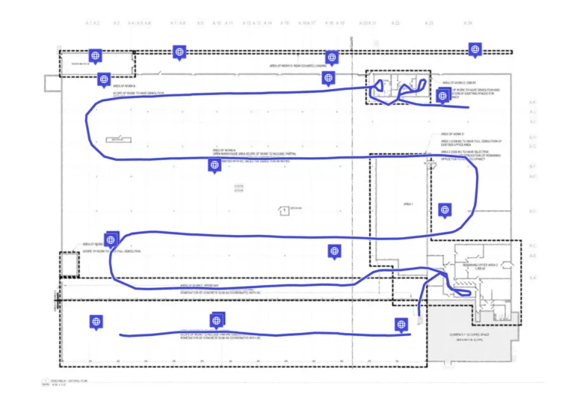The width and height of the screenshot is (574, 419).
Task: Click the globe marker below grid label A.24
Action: [x=474, y=49]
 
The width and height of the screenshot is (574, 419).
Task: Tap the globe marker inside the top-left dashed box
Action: [x=94, y=55]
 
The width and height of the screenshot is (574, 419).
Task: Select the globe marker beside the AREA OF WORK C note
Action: [x=443, y=95]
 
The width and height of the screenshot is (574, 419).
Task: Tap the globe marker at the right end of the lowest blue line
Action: [x=400, y=324]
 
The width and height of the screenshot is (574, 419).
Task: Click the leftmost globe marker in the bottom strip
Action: [x=95, y=321]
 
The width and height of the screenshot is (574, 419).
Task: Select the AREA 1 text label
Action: [x=408, y=204]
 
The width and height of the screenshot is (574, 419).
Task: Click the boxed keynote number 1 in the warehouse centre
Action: [x=284, y=211]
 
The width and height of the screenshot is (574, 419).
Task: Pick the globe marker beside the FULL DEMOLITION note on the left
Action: [x=111, y=239]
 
